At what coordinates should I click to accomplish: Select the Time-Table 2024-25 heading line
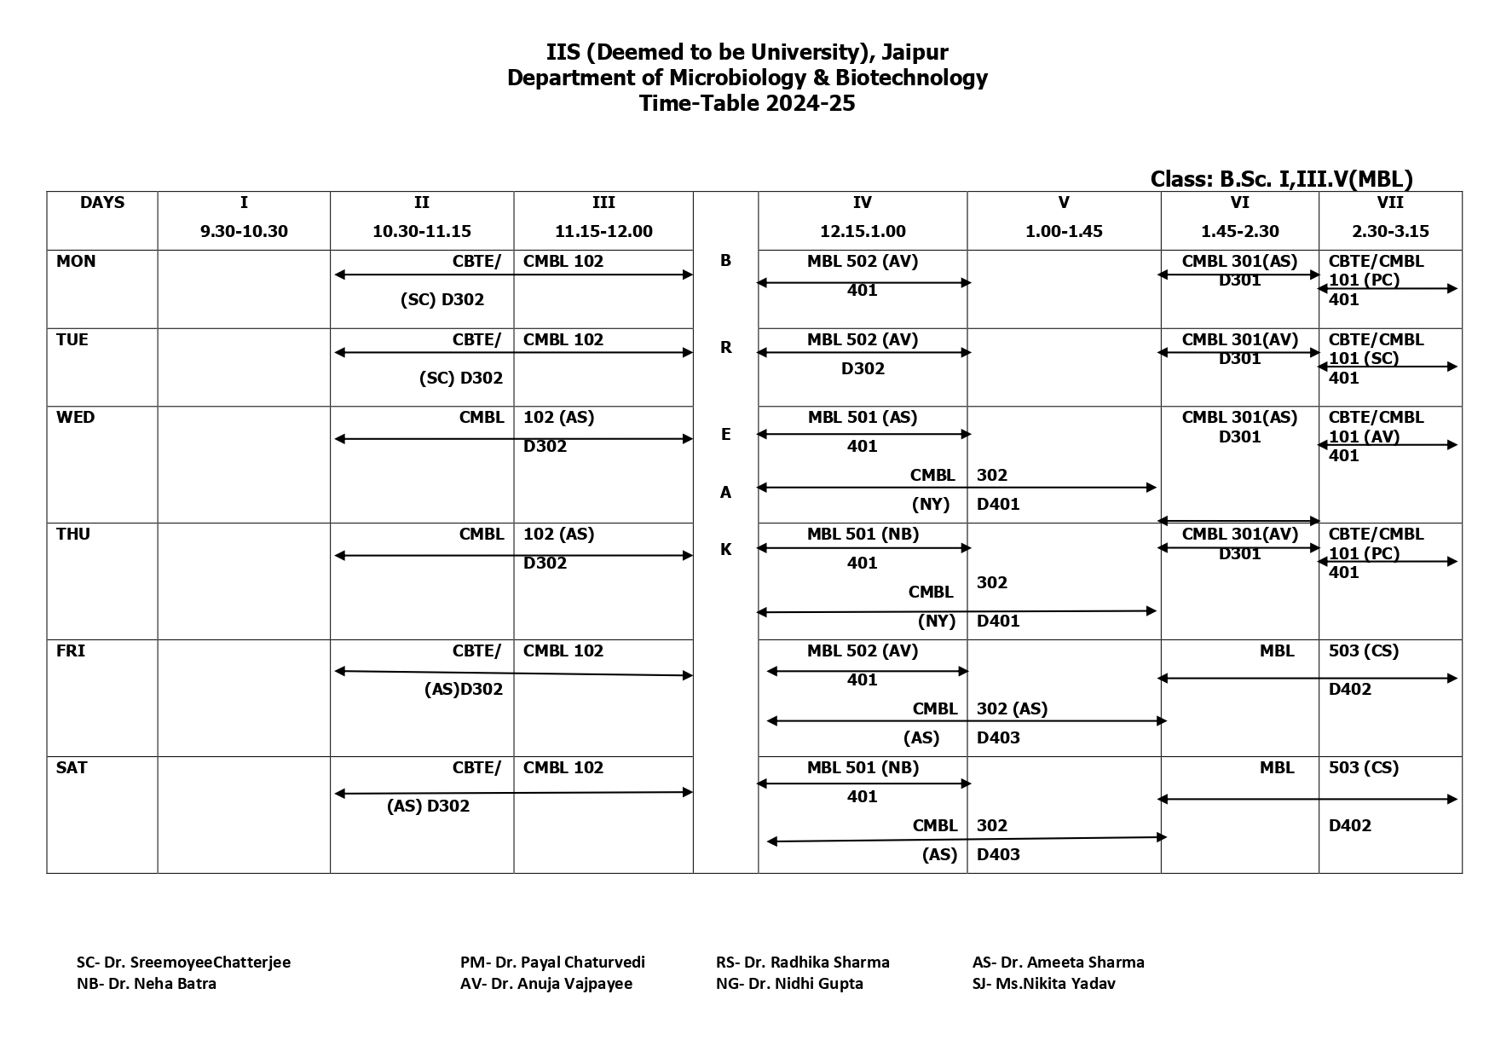tap(747, 104)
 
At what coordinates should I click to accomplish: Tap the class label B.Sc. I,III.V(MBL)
tap(1281, 179)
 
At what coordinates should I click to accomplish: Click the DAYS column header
tap(102, 203)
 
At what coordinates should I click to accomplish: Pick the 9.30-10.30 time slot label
tap(244, 231)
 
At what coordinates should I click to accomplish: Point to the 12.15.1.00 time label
tap(862, 231)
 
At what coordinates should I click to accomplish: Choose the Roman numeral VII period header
tap(1389, 203)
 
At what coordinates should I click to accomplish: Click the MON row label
tap(76, 262)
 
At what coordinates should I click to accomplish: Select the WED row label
tap(76, 418)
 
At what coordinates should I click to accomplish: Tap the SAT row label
tap(72, 768)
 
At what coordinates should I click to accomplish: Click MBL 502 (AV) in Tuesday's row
tap(862, 340)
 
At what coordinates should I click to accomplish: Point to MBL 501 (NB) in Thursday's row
tap(862, 535)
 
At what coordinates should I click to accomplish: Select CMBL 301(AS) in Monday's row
tap(1239, 262)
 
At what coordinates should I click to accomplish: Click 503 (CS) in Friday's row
tap(1363, 651)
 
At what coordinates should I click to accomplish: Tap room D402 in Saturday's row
tap(1349, 826)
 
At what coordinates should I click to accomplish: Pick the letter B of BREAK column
tap(725, 261)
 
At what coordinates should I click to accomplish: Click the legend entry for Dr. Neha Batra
tap(147, 984)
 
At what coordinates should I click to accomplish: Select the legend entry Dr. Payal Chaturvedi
tap(552, 963)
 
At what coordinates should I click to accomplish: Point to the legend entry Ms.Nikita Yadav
tap(1043, 984)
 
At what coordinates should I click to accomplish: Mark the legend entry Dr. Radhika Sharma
tap(802, 963)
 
